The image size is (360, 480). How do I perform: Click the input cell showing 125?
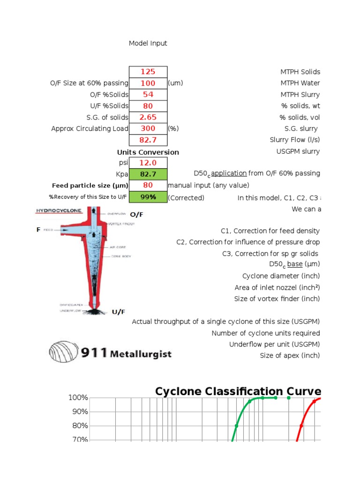148,72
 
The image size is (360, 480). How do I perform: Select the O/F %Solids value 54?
148,95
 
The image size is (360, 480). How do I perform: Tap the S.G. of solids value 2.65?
148,117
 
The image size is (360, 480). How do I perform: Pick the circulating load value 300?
148,128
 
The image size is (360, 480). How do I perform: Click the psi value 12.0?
148,163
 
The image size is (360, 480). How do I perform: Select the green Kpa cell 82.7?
148,174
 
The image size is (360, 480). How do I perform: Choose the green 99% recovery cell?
148,197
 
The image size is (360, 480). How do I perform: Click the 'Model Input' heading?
148,43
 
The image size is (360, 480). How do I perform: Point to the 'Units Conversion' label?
148,152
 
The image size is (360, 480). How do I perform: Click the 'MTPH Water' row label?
300,83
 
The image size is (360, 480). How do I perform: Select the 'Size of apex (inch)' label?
290,355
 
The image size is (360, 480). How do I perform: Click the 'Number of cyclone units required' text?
266,333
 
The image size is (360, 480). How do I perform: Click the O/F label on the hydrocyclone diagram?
136,215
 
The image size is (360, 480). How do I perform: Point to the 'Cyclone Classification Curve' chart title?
238,391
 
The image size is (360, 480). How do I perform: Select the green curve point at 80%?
236,426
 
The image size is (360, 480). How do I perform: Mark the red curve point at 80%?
301,426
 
